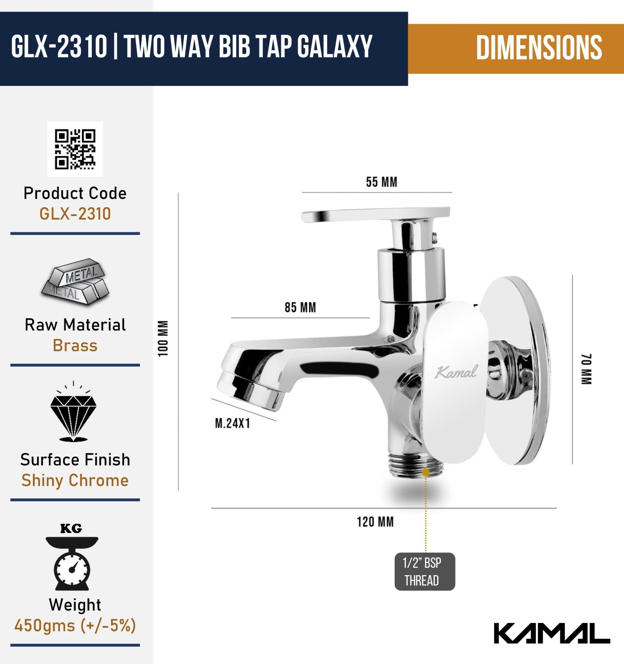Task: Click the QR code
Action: (x=75, y=149)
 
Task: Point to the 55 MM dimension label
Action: (x=381, y=182)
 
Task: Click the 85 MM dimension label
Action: (x=300, y=307)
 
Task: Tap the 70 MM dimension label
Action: (x=587, y=369)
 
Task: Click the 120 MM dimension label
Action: (x=375, y=522)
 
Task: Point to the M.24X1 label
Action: (x=233, y=423)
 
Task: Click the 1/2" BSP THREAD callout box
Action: (x=425, y=572)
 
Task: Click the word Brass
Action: (x=75, y=345)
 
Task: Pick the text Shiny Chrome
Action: (x=75, y=480)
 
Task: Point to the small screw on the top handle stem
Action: (x=434, y=236)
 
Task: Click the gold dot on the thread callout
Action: (x=426, y=472)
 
